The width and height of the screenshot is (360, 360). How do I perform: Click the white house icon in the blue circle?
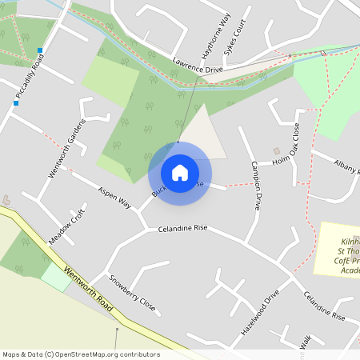click(x=180, y=172)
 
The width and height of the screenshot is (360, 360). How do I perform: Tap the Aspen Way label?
click(x=114, y=198)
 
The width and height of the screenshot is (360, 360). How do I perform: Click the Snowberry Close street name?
click(x=132, y=293)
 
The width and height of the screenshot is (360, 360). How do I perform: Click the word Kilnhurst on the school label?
click(x=349, y=240)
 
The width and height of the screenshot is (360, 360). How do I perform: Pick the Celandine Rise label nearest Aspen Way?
click(x=182, y=228)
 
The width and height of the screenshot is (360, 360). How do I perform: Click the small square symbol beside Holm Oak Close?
click(x=277, y=150)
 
